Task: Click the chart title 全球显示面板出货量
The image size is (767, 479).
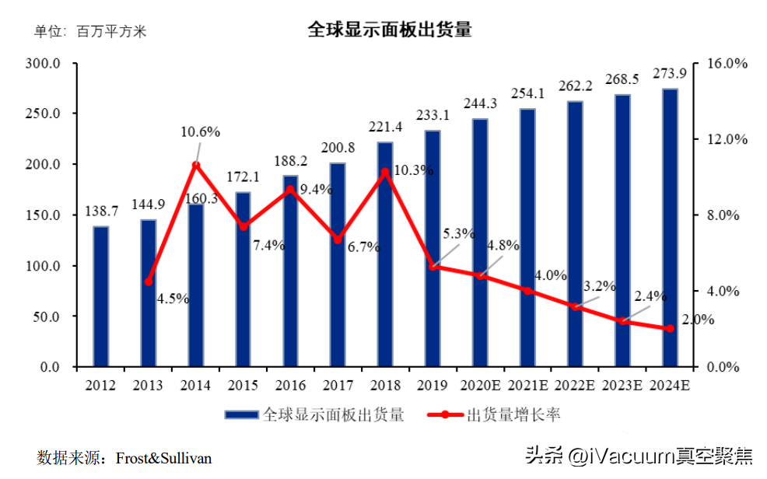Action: (x=390, y=30)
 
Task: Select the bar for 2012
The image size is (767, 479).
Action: (x=101, y=296)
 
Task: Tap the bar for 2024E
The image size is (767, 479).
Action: (x=670, y=227)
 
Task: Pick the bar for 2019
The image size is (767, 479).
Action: (x=433, y=248)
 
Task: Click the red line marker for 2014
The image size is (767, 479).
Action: (x=196, y=166)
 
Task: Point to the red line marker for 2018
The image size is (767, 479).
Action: (x=385, y=172)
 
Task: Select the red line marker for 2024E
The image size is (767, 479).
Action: (x=670, y=329)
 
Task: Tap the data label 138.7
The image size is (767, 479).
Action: (x=101, y=212)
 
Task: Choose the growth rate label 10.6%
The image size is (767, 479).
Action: (x=200, y=131)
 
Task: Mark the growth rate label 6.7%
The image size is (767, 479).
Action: (x=363, y=247)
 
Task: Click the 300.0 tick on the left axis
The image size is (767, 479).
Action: (x=44, y=63)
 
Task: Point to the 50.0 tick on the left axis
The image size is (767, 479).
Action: (x=47, y=316)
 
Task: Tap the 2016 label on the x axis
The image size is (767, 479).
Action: (x=290, y=385)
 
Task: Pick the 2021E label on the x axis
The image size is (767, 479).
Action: (x=527, y=385)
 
